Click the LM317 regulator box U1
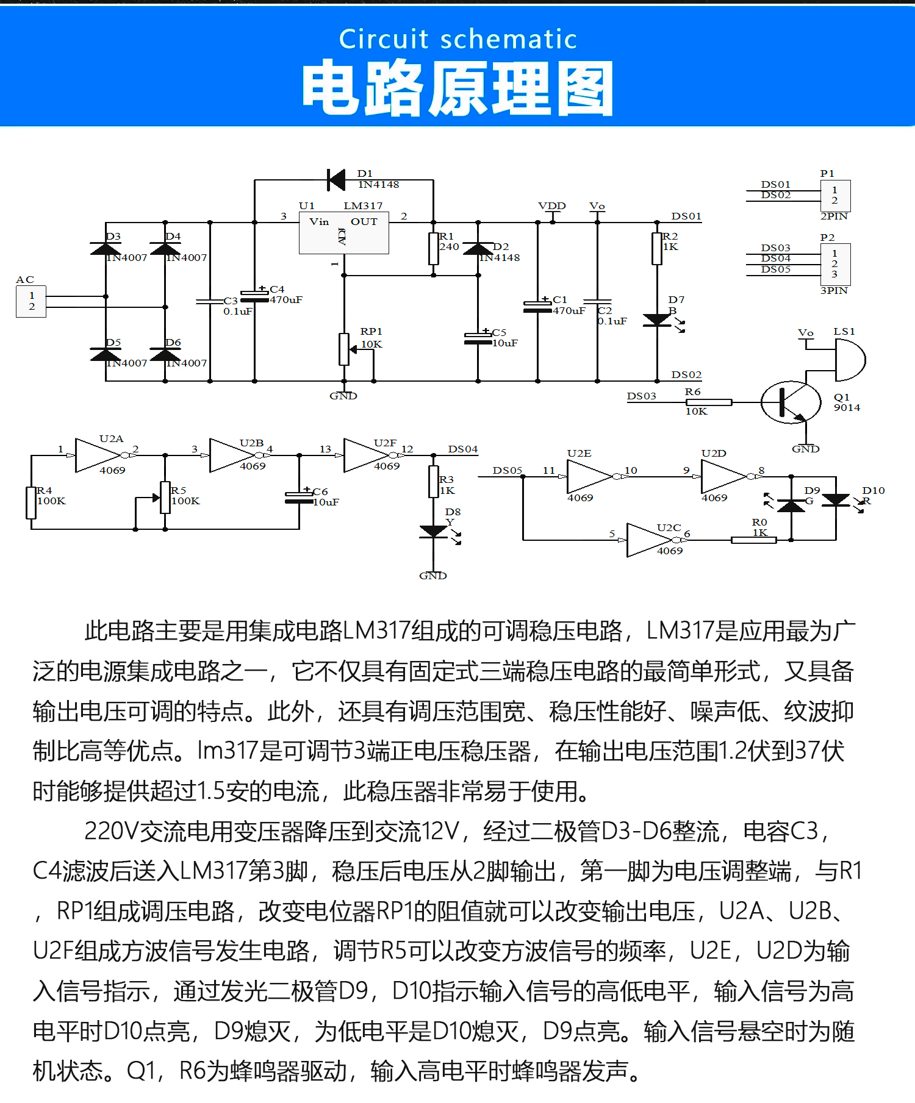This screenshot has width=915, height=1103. tap(343, 233)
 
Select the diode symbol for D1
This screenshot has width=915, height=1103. tap(335, 180)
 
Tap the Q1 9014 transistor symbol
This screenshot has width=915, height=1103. tap(791, 402)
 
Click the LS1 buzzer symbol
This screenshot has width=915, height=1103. tap(850, 359)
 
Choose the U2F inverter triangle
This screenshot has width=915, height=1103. tap(366, 455)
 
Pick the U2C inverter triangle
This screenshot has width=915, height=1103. tap(649, 540)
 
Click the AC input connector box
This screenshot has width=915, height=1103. tap(31, 301)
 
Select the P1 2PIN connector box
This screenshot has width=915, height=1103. tap(835, 195)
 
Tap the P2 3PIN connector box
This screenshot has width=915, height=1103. tap(835, 263)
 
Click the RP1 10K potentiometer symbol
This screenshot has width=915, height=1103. tap(344, 349)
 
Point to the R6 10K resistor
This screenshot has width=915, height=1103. tap(708, 402)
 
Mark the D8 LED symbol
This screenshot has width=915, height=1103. tap(434, 532)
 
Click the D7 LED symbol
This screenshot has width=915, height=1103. tap(657, 320)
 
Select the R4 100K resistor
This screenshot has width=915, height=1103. tap(31, 503)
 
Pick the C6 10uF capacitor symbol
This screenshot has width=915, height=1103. tap(299, 498)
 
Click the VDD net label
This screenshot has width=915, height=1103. tap(552, 206)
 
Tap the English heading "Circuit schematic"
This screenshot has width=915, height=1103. tap(457, 39)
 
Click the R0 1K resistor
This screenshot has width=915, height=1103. tap(754, 540)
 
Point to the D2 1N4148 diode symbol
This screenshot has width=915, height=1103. tap(478, 249)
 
